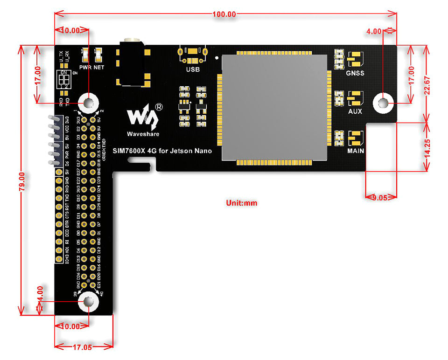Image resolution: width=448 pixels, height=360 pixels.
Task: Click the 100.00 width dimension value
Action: click(224, 14)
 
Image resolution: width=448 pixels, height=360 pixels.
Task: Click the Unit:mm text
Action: click(241, 203)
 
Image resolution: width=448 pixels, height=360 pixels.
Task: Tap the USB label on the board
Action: click(192, 70)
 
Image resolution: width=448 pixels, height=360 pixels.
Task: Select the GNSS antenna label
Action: click(355, 73)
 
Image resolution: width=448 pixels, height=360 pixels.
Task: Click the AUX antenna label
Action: click(355, 112)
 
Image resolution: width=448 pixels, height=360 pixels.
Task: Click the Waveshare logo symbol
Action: click(143, 117)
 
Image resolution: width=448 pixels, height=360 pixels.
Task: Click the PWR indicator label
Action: click(85, 67)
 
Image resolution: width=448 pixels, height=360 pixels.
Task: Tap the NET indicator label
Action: click(98, 67)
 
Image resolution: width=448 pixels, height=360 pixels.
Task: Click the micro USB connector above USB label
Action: click(192, 54)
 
